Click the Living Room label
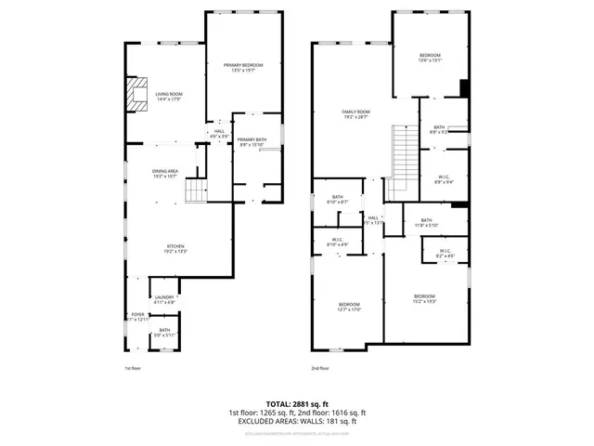tap(168, 96)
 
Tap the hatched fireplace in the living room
tap(136, 95)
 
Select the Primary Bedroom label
tap(243, 67)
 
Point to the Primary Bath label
tap(252, 141)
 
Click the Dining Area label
tap(167, 173)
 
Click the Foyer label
tap(136, 317)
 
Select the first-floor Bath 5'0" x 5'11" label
tap(164, 332)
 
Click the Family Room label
tap(356, 114)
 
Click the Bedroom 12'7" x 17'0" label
tap(349, 308)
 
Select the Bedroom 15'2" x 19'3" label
tap(424, 298)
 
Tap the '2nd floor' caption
tap(320, 368)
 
